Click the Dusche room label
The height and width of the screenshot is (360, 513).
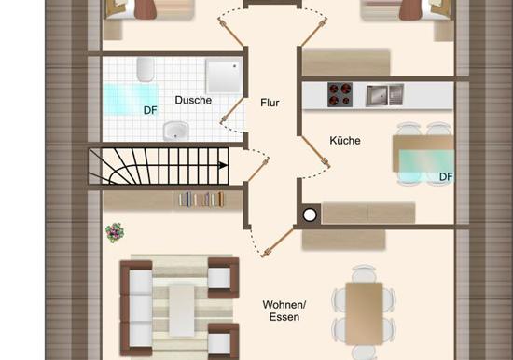193,100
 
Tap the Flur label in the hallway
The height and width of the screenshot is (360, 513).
270,103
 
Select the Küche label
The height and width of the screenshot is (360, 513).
345,141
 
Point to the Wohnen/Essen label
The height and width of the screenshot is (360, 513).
284,311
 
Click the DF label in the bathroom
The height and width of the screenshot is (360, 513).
150,111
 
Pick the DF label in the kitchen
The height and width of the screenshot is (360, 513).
446,177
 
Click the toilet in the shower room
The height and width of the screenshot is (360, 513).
146,69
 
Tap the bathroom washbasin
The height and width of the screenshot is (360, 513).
176,130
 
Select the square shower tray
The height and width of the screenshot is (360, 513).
224,76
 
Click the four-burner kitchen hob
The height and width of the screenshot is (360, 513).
340,94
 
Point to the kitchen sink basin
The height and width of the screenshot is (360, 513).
377,95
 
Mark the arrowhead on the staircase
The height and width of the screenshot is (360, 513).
223,165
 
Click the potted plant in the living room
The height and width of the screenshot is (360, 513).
115,232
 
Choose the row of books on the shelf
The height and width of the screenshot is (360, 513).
201,200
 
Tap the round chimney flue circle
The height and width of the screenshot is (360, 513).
310,215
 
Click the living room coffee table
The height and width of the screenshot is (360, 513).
182,311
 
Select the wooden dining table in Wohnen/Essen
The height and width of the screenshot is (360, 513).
364,313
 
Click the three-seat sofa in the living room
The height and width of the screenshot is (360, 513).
137,308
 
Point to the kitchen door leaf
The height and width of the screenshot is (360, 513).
315,151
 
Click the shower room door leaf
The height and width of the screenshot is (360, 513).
232,110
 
